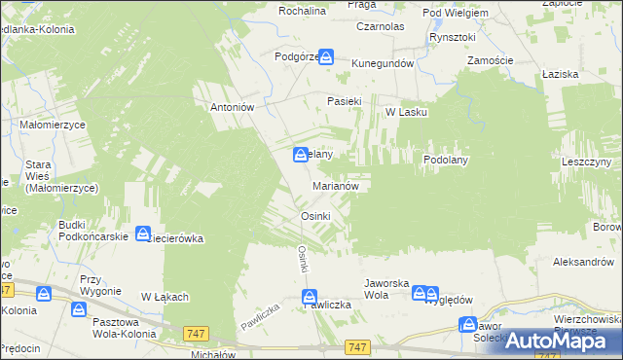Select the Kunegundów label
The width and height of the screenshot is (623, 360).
(x=384, y=63)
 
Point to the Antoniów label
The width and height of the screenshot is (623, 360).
(x=233, y=108)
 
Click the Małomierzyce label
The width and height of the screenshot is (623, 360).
(x=54, y=126)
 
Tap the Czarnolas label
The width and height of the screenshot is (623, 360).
(x=381, y=27)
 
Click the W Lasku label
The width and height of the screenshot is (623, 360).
(x=406, y=112)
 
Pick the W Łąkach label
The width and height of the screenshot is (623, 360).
(x=165, y=297)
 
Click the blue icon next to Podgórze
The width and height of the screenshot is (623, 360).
(x=327, y=58)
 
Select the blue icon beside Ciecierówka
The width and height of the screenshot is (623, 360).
(x=143, y=234)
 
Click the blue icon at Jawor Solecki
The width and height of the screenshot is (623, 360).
(x=468, y=325)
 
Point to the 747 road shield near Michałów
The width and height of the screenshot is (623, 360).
(x=195, y=334)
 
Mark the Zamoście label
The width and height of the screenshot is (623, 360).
(x=490, y=60)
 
